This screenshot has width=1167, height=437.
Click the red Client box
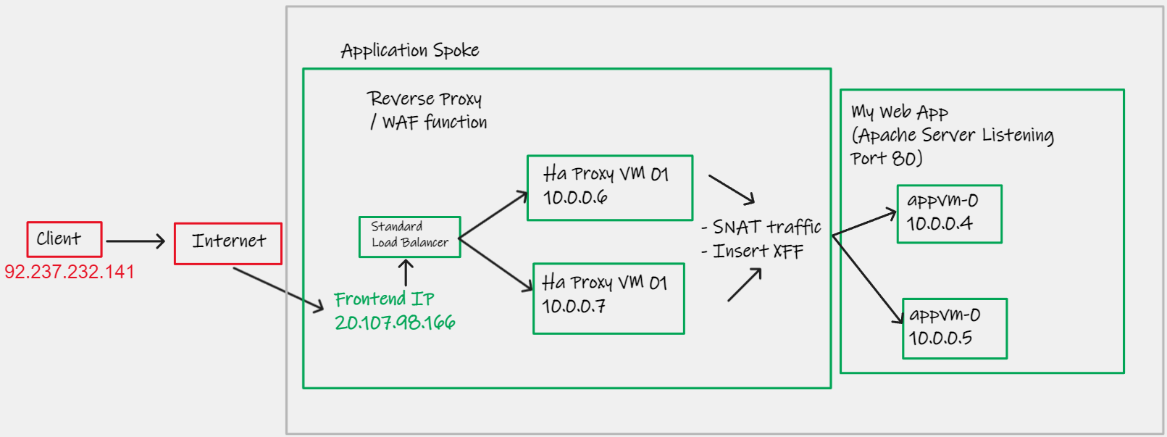click(x=64, y=239)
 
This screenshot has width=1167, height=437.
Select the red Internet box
click(x=228, y=244)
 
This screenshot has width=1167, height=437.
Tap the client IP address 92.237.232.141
click(x=70, y=272)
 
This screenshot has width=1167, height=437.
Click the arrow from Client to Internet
click(x=135, y=241)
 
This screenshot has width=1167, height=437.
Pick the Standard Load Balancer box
click(x=410, y=236)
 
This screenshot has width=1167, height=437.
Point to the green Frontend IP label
click(x=384, y=299)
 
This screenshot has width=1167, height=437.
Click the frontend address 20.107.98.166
click(x=395, y=322)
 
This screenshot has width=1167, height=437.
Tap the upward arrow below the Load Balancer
click(x=406, y=272)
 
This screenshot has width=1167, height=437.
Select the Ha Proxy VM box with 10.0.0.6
click(x=610, y=188)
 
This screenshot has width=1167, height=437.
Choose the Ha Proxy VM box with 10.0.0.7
click(x=608, y=298)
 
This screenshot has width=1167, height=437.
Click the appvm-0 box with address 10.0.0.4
click(x=949, y=214)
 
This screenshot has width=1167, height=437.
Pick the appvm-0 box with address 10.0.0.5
click(x=954, y=328)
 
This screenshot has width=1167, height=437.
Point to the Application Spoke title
click(x=410, y=51)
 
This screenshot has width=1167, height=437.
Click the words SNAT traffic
click(x=766, y=228)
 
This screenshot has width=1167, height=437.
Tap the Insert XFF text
click(x=758, y=251)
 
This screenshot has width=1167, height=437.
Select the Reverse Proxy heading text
click(x=424, y=99)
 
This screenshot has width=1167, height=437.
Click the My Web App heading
click(x=900, y=112)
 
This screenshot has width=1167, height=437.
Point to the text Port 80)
click(x=886, y=159)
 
